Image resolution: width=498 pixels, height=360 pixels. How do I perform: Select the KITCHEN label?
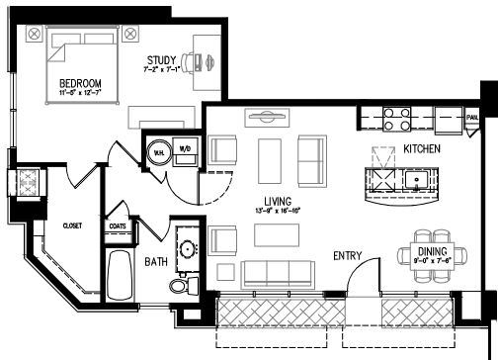[x=422, y=149]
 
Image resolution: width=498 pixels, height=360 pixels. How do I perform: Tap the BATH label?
[x=157, y=262]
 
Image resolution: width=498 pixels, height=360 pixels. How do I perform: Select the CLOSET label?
[x=71, y=225]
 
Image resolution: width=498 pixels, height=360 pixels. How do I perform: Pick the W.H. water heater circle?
[x=158, y=152]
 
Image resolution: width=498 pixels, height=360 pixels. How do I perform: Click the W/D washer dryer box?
[x=185, y=150]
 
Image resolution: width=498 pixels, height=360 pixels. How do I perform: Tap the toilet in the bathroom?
[x=179, y=287]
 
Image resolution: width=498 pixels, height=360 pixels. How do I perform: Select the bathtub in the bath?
[x=119, y=277]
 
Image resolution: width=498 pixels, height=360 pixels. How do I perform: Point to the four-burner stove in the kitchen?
[x=396, y=119]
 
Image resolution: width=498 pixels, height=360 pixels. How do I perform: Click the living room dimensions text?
[x=277, y=211]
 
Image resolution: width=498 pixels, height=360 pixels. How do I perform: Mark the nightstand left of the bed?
[x=35, y=35]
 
